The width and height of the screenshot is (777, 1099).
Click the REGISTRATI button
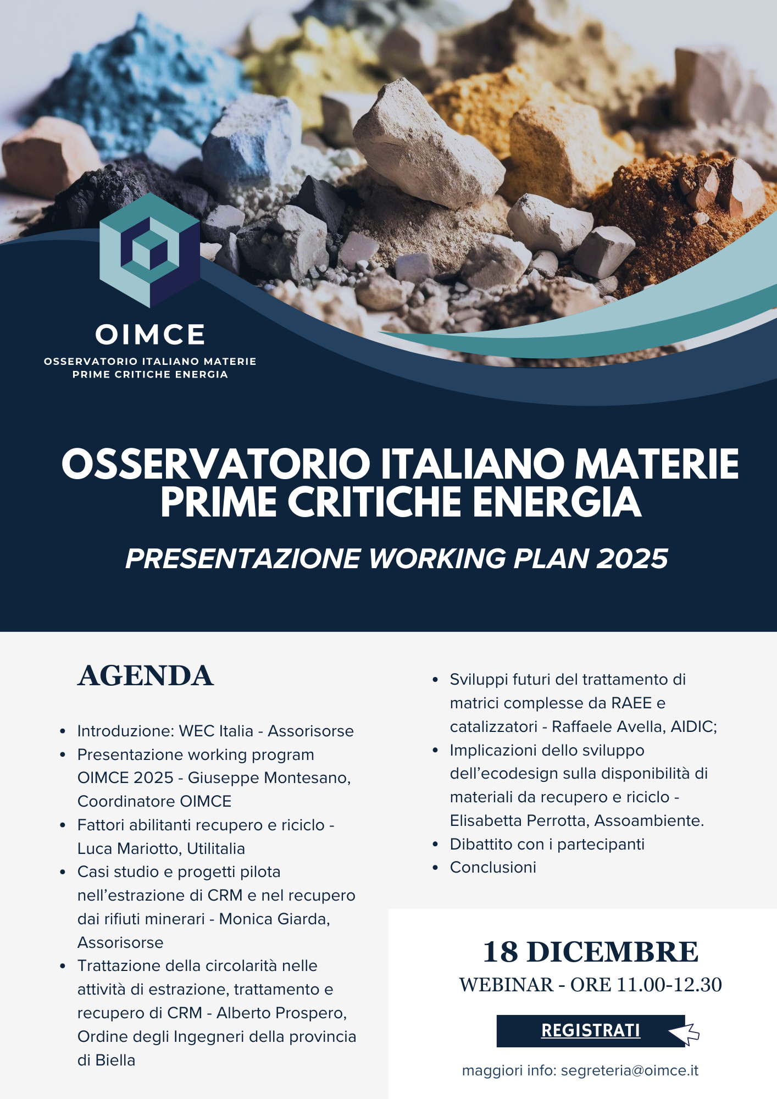pos(591,1031)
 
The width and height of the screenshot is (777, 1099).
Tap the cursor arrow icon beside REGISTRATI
pos(684,1033)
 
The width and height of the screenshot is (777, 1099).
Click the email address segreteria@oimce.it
pos(630,1071)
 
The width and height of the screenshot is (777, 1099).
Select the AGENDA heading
pos(145,676)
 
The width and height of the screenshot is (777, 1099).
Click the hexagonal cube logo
pos(149,250)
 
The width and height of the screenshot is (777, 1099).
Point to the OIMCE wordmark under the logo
pos(150,335)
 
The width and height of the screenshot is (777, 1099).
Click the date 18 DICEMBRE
pos(591,952)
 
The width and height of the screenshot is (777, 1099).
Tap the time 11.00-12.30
pos(669,985)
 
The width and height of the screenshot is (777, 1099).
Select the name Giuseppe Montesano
pos(269,778)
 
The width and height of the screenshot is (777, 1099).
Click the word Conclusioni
pos(493,867)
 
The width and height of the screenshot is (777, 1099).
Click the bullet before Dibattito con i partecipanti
pos(435,845)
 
